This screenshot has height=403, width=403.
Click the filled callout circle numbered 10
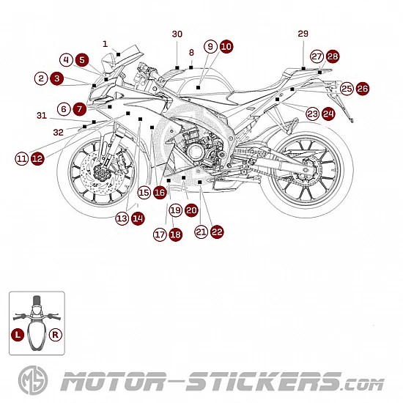click(x=226, y=46)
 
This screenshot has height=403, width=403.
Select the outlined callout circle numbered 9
click(x=210, y=46)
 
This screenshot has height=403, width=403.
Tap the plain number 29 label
click(x=303, y=34)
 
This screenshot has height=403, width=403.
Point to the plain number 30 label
click(x=177, y=34)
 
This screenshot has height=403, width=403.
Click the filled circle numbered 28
click(x=333, y=56)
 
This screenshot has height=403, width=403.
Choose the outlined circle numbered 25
click(x=347, y=89)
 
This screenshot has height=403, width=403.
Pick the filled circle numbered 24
click(x=328, y=114)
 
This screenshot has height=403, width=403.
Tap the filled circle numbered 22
click(x=217, y=232)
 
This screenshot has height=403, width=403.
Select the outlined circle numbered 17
click(x=160, y=234)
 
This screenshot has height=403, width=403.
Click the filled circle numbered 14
click(x=138, y=218)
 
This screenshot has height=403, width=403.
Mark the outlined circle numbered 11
click(x=22, y=158)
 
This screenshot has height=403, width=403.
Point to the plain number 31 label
click(x=42, y=115)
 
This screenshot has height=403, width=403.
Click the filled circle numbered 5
click(x=82, y=60)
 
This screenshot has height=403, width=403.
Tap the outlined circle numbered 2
click(x=41, y=78)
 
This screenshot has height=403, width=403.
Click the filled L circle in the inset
click(x=18, y=335)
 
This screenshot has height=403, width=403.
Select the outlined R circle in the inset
click(x=56, y=335)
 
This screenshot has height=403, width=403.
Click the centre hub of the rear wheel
click(x=306, y=169)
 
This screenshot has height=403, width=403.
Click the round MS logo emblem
click(x=33, y=380)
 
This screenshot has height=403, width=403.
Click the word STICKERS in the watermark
click(x=264, y=381)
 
